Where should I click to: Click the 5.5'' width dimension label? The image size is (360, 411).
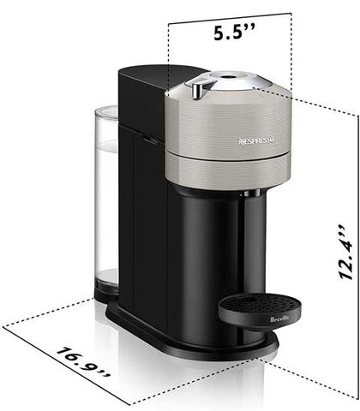point(234,32)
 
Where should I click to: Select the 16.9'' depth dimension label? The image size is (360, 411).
point(83,363)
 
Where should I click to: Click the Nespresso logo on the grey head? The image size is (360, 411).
point(256,140)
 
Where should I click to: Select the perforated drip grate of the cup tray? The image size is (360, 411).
point(260,302)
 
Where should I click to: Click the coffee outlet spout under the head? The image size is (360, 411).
point(252,194)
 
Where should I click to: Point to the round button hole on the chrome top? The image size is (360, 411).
point(227,76)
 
